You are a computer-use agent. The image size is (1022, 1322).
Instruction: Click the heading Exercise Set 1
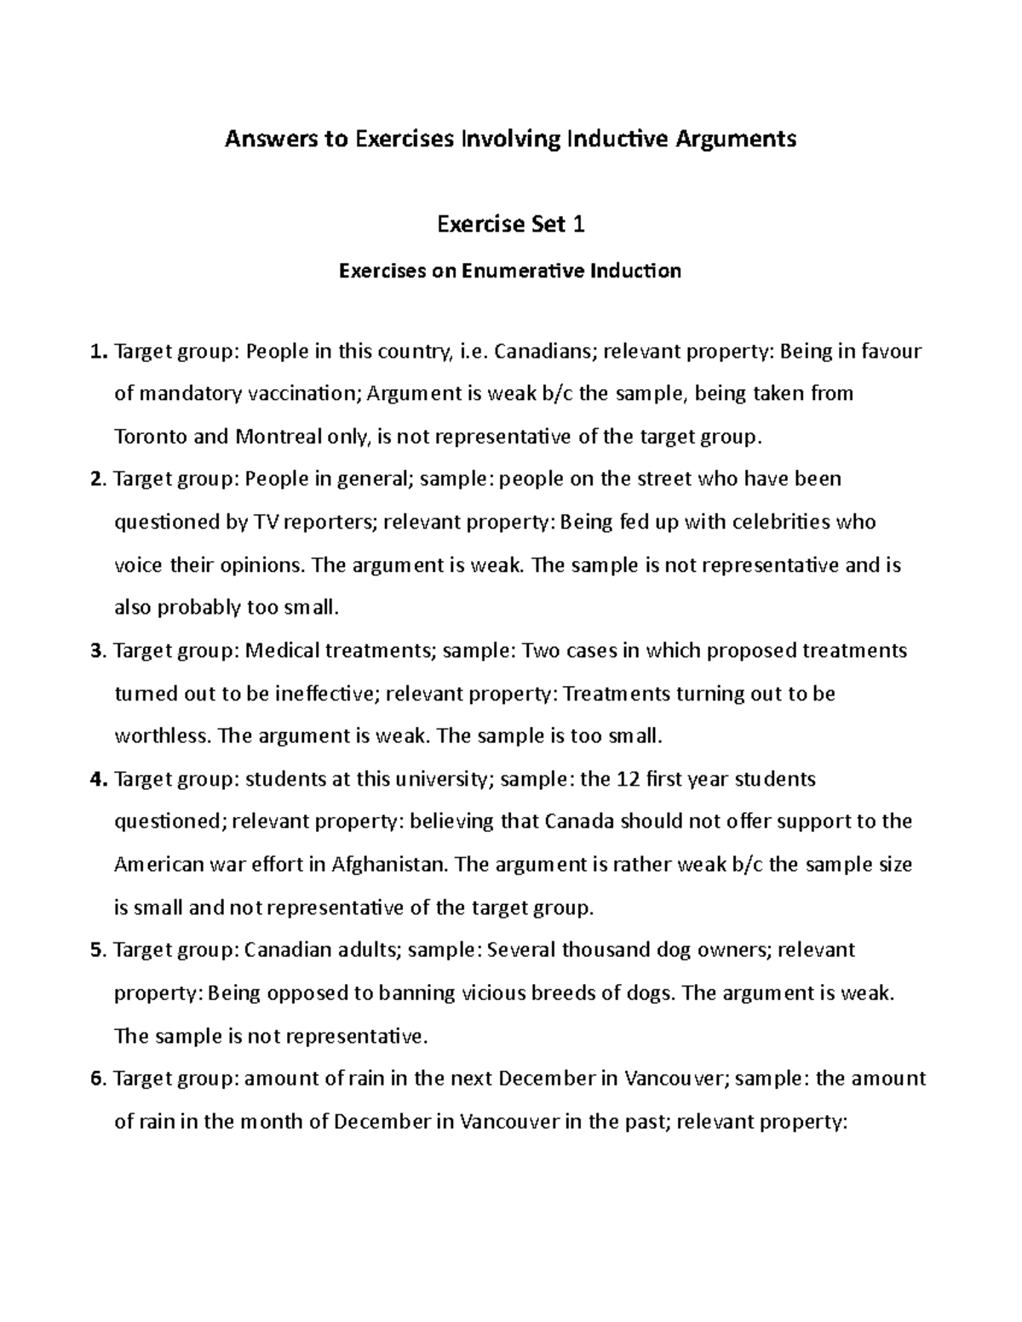511,225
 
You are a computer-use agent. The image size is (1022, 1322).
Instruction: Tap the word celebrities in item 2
779,522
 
